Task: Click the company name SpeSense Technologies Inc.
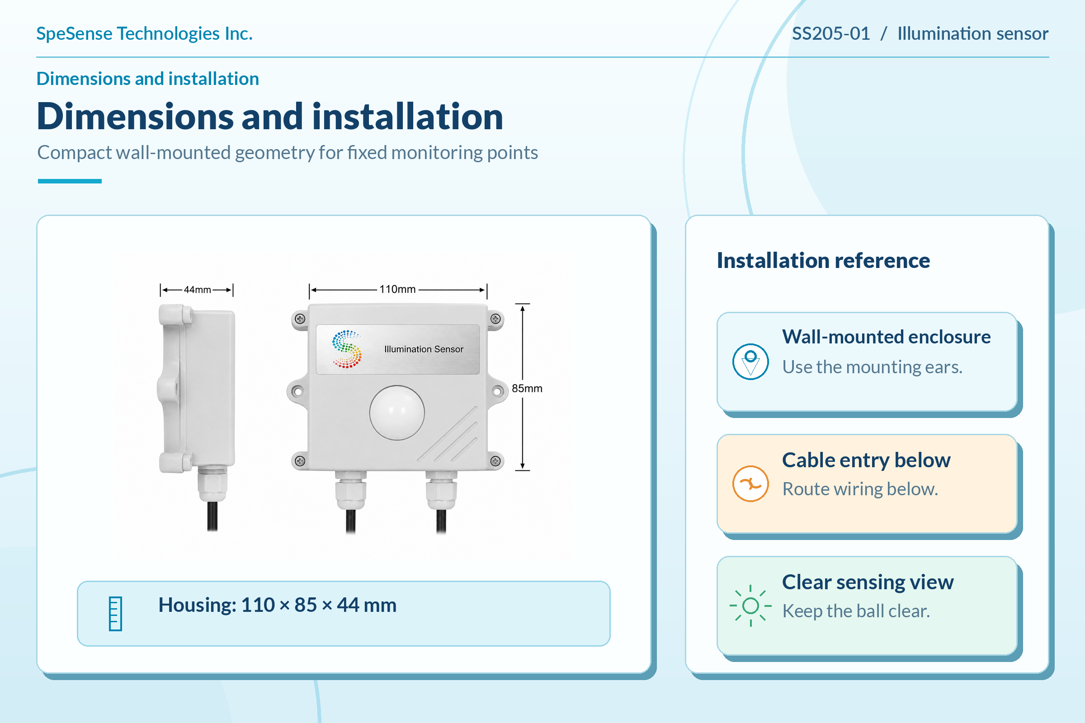(144, 33)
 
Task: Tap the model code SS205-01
(831, 33)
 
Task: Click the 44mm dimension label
(198, 290)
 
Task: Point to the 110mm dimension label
(397, 289)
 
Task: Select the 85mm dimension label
(527, 388)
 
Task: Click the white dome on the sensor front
(397, 413)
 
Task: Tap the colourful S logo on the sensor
(347, 349)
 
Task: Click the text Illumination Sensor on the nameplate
(424, 349)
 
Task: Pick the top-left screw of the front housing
(300, 319)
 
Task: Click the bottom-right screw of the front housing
(495, 460)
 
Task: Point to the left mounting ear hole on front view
(298, 391)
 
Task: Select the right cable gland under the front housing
(442, 489)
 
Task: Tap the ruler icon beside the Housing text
(115, 614)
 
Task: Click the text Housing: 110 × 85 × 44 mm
(277, 605)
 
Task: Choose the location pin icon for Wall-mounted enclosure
(750, 362)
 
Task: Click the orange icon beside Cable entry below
(750, 484)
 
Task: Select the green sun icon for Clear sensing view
(750, 606)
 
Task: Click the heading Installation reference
(823, 261)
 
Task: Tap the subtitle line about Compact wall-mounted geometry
(288, 153)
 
